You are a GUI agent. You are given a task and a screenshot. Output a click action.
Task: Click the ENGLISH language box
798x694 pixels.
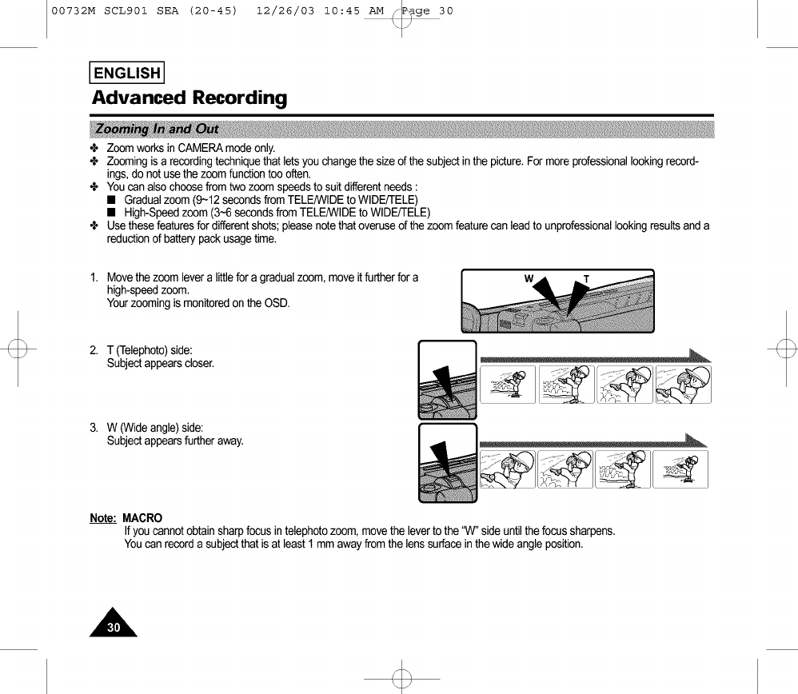pos(128,74)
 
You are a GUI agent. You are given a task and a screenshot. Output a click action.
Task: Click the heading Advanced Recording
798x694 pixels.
pos(189,98)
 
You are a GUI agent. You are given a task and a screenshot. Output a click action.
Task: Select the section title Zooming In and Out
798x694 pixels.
pos(157,130)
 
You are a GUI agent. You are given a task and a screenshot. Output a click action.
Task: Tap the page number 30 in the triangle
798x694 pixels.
pos(114,628)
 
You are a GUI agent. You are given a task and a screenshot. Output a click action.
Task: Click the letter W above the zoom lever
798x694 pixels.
pos(529,279)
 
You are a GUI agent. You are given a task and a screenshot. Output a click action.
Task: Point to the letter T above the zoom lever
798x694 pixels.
pos(587,279)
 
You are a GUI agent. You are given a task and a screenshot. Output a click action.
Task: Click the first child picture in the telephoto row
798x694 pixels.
pos(508,385)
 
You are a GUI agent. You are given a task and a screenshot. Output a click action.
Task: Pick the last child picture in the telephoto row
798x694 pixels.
pos(683,385)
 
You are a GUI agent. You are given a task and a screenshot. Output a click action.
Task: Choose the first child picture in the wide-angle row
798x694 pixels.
pos(508,469)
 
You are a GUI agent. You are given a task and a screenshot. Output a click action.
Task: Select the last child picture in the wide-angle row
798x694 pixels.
pos(680,469)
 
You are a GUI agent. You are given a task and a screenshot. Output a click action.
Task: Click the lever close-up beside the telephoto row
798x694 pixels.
pos(447,380)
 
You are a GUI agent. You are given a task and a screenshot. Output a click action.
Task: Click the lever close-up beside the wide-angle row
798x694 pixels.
pos(447,463)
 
